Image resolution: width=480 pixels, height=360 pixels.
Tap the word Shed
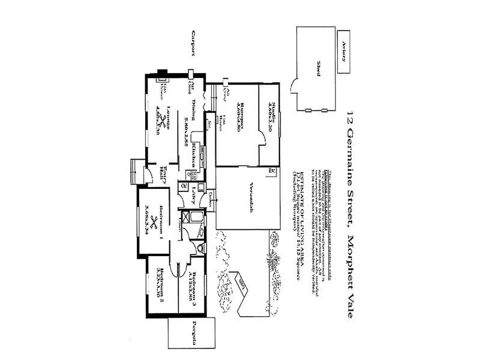(320, 66)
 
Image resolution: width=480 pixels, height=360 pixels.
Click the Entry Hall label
(162, 175)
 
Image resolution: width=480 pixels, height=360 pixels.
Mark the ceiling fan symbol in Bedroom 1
(154, 223)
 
